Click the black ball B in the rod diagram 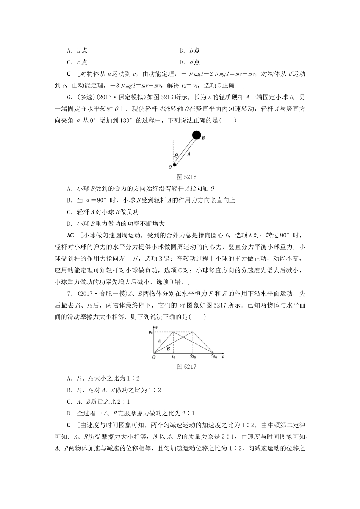pos(196,134)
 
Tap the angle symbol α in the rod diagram pos(177,155)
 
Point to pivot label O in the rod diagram pos(169,166)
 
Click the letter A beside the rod pos(188,154)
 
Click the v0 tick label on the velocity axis pos(150,333)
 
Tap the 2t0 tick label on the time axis pos(193,357)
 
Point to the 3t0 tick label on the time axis pos(214,357)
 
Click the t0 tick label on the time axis pos(173,357)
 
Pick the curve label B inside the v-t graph pos(168,348)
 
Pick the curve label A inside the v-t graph pos(159,340)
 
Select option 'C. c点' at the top pos(77,62)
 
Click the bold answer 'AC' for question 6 pos(70,236)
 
